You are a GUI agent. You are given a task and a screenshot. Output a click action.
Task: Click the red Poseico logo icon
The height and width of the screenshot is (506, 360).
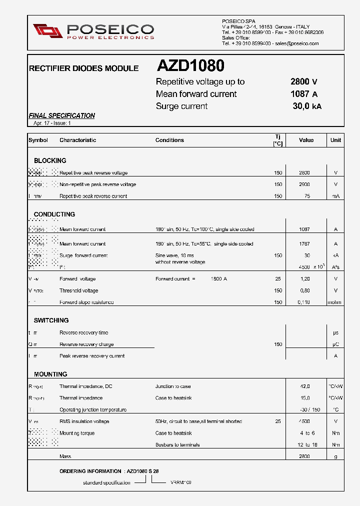[47, 31]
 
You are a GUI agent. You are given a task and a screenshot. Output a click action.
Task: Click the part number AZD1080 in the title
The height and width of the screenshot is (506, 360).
[190, 66]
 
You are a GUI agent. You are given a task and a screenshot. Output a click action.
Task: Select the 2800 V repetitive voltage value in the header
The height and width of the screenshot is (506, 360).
[303, 82]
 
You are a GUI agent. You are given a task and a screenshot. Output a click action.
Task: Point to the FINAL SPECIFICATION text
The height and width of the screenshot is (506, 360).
[62, 115]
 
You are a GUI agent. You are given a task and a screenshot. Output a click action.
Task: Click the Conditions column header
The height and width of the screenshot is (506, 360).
[169, 140]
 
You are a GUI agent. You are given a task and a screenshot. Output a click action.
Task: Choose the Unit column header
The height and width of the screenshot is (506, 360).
[335, 140]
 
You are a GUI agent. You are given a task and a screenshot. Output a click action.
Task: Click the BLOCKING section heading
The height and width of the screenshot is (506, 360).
[50, 160]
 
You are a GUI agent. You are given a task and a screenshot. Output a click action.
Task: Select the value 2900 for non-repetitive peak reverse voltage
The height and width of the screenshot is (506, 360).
[304, 184]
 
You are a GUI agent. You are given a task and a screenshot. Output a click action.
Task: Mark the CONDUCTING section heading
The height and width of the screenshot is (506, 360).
[54, 214]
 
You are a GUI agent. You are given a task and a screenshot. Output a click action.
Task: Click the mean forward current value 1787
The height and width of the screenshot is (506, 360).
[304, 244]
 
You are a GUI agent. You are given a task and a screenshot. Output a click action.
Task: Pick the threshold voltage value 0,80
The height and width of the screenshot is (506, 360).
[304, 290]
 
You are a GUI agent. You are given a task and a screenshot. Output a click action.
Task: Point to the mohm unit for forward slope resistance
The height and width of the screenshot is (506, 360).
[335, 302]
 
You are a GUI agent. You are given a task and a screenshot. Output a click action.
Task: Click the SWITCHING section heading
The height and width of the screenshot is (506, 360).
[51, 320]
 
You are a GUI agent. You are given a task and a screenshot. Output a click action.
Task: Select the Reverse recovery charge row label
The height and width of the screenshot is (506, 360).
[86, 344]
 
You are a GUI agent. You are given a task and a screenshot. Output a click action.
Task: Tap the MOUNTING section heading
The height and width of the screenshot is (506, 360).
[50, 374]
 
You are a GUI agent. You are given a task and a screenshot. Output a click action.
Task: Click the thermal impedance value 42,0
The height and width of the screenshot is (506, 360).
[305, 386]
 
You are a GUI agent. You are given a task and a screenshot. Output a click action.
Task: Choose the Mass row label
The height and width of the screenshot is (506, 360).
[65, 456]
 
